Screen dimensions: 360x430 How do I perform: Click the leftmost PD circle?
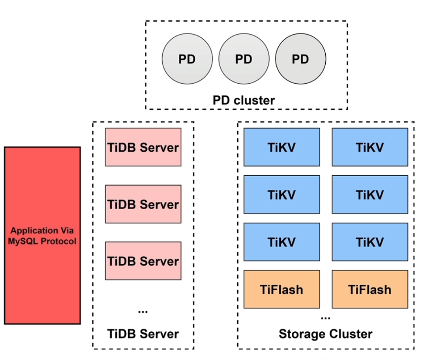187,59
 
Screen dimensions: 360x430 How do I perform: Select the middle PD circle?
243,59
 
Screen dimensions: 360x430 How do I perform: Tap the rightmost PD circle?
300,59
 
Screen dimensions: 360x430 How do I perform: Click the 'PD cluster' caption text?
243,101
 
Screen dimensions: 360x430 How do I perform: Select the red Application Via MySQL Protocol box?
42,236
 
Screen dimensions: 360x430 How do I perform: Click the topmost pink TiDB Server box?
143,147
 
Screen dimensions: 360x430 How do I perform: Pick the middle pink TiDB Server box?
143,204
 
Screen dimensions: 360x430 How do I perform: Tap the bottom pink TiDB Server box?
143,261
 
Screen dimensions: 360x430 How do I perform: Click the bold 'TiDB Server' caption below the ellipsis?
143,334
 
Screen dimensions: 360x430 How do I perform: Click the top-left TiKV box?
282,147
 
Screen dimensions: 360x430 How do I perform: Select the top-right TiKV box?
370,147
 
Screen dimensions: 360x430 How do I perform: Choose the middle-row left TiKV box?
282,194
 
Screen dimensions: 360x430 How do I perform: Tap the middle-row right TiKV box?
370,194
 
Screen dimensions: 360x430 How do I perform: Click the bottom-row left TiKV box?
282,242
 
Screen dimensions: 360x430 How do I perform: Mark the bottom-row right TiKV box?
370,242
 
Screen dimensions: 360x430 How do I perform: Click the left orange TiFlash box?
282,289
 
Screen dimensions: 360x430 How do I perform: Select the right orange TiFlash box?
370,289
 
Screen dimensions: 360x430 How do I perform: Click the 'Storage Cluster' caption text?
325,334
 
